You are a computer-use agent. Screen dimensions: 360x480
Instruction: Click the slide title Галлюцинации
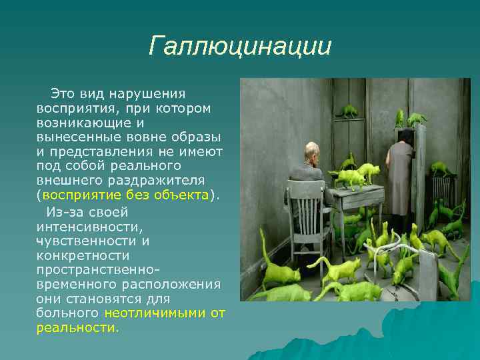pyautogui.click(x=239, y=47)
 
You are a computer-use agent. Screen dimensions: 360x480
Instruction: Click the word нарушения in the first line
pyautogui.click(x=151, y=94)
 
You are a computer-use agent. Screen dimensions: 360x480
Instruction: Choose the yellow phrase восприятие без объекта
pyautogui.click(x=125, y=195)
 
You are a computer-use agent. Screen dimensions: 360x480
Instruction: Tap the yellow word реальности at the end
pyautogui.click(x=76, y=328)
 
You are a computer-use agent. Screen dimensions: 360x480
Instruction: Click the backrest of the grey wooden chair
pyautogui.click(x=304, y=213)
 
